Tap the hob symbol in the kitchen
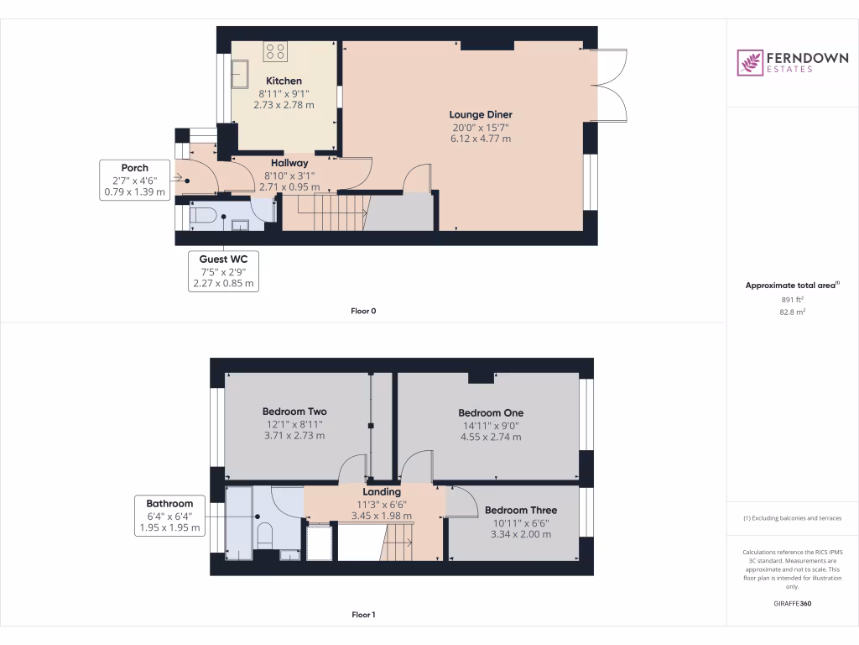(x=275, y=52)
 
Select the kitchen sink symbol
(x=241, y=74)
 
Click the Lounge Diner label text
(x=480, y=114)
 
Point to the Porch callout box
(x=134, y=180)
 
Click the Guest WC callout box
(x=223, y=271)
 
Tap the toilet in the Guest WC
(x=203, y=216)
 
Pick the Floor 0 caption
(x=363, y=311)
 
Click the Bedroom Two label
(x=294, y=412)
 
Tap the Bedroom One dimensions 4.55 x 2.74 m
(x=491, y=437)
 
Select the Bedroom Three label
(x=520, y=510)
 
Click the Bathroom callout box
(x=169, y=516)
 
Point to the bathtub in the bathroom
(x=238, y=522)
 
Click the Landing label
(x=381, y=491)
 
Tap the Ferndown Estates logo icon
(x=750, y=62)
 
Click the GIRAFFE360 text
(x=792, y=604)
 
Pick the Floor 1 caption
(x=363, y=615)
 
